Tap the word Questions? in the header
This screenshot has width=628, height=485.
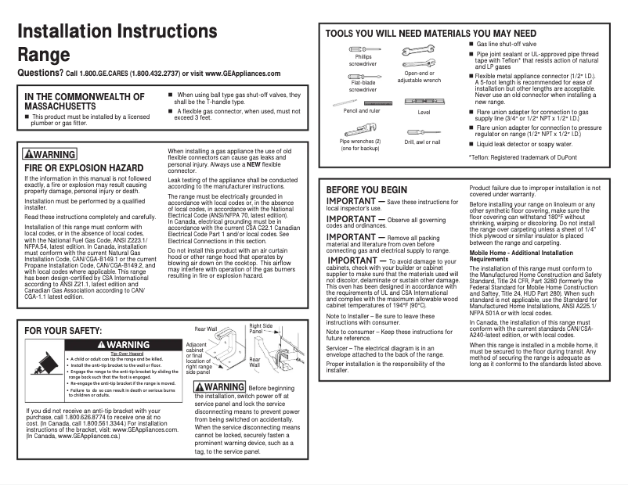pos(40,73)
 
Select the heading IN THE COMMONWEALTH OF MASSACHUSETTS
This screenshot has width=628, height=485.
pos(85,102)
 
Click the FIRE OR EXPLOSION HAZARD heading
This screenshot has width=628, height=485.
pos(84,168)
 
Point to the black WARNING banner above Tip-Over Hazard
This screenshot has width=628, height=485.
pos(123,345)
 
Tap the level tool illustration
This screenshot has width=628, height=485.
pos(423,102)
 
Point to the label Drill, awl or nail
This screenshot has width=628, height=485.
pos(422,142)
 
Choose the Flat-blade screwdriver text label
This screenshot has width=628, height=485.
pos(363,86)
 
